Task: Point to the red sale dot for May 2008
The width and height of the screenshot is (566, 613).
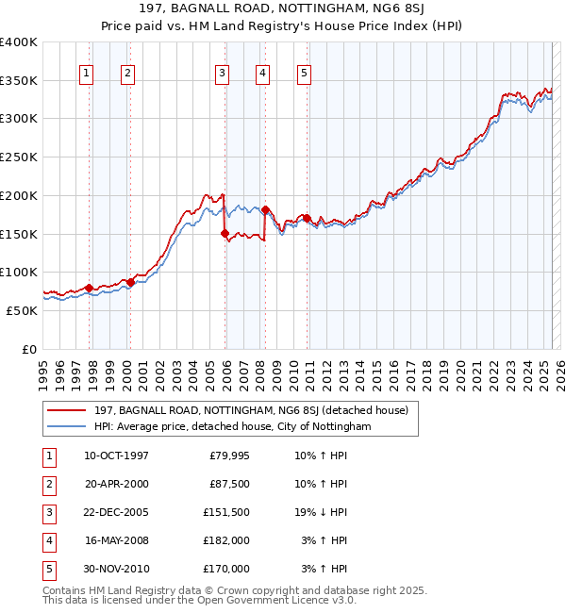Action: (265, 209)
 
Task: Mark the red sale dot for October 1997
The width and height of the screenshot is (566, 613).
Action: (89, 288)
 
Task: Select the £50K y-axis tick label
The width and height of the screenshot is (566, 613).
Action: (23, 309)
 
